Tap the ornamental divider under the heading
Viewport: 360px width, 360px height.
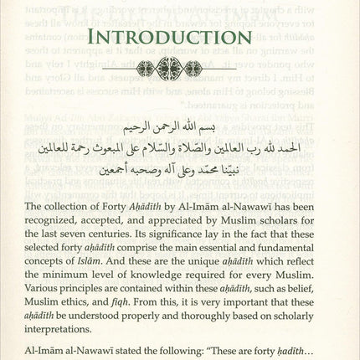click(x=180, y=68)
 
